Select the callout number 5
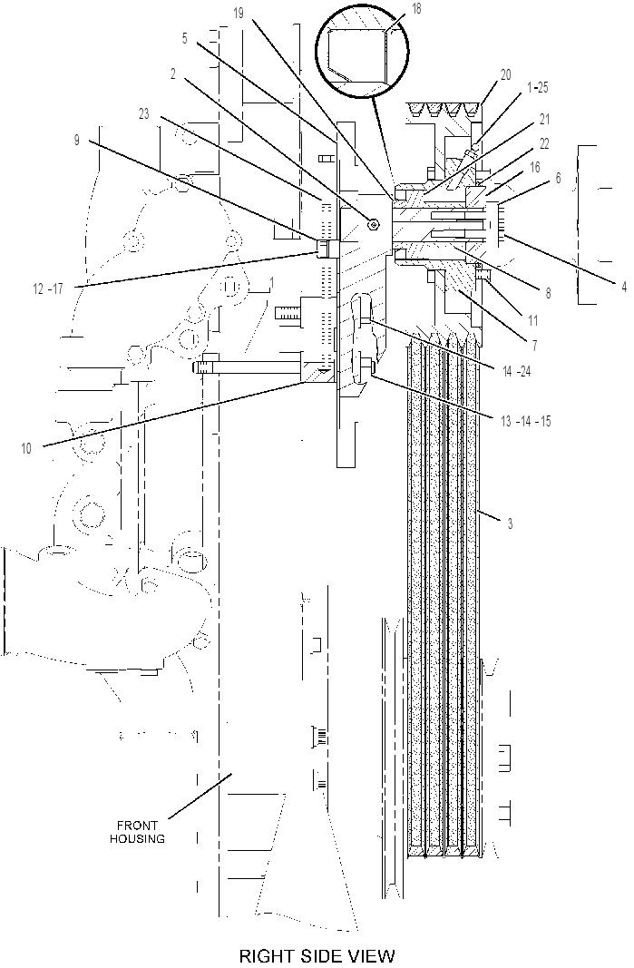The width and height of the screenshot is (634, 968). (x=185, y=38)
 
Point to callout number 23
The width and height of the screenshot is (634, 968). (x=144, y=114)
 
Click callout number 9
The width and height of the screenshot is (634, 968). (x=77, y=140)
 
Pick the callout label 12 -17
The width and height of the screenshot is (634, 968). (x=47, y=288)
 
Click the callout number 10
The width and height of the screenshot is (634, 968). (x=26, y=449)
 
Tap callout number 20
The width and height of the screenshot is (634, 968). (x=506, y=74)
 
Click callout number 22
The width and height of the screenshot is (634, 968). (x=543, y=144)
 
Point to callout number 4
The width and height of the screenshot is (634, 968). (x=624, y=286)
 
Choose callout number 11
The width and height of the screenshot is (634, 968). (x=532, y=320)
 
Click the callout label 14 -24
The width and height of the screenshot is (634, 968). (x=517, y=372)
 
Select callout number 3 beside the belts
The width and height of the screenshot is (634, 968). (x=510, y=524)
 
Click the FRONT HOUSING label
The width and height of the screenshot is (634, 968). (x=137, y=832)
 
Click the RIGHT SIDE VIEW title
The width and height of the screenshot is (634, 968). (x=317, y=955)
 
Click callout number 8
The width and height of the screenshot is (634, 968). (x=548, y=293)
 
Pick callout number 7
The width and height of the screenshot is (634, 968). (x=534, y=345)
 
